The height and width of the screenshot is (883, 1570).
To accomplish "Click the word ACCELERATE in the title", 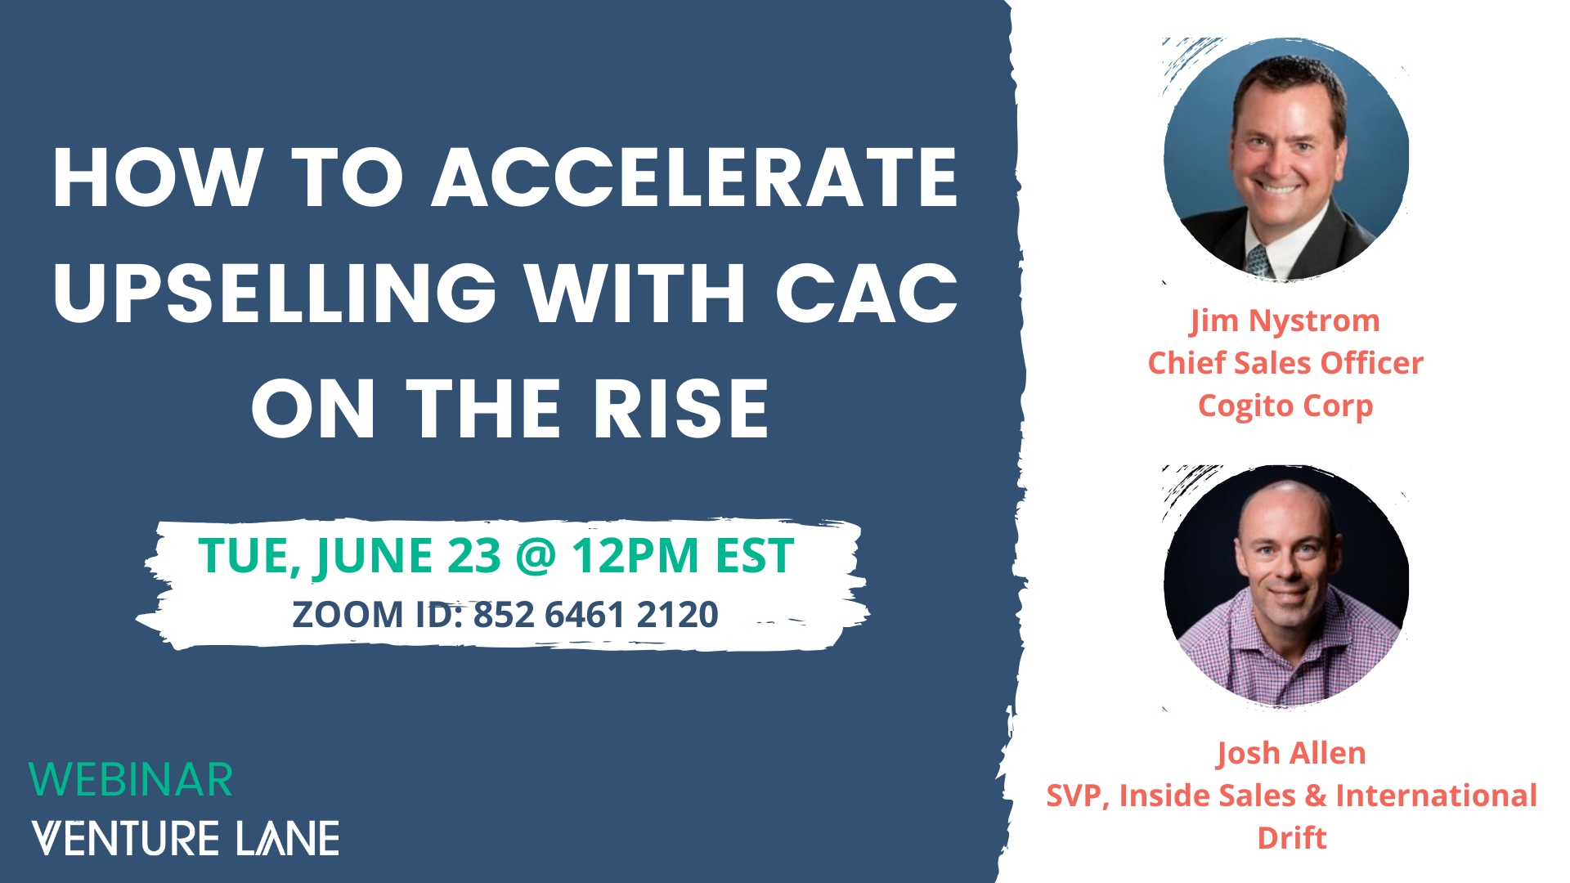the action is [695, 178].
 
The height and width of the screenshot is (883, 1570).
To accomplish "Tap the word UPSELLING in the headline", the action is [276, 294].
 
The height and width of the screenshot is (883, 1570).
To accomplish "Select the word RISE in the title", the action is [681, 409].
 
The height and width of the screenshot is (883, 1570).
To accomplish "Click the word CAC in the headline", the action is [867, 294].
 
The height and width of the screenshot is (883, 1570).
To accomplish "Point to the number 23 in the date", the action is [474, 556].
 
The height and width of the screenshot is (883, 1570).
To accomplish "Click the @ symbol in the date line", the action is [536, 557].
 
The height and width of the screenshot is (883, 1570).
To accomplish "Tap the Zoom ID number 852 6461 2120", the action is [595, 615].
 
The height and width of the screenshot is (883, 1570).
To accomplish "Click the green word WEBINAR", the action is [131, 780].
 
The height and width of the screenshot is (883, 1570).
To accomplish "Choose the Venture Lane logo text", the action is [186, 838].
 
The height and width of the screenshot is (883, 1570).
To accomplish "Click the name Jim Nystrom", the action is [1285, 320].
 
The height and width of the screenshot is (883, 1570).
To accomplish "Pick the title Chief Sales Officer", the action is [1285, 363].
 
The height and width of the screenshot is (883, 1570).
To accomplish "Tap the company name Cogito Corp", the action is [1285, 406].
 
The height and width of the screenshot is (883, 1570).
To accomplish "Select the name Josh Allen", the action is [1291, 753].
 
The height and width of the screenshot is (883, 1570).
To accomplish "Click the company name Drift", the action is [1292, 838].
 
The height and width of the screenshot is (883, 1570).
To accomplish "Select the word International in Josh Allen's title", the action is [1437, 796].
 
